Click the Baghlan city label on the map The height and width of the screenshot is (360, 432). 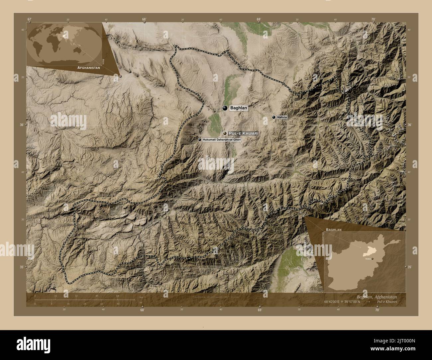tap(239, 108)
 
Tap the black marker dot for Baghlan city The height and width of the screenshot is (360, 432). tap(225, 108)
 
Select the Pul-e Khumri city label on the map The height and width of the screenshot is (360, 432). tap(244, 133)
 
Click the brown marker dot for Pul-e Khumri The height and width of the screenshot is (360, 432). tap(225, 133)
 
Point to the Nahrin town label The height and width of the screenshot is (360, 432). tap(282, 117)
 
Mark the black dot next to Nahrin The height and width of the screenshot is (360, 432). tap(273, 117)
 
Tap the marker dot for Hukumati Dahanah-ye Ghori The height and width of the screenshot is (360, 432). tap(200, 140)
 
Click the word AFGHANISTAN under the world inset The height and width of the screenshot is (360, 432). tap(89, 67)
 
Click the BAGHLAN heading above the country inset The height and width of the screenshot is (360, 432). tap(334, 229)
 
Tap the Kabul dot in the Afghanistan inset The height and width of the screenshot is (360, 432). tap(373, 259)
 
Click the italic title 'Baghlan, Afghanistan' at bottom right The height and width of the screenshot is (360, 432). tap(377, 297)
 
